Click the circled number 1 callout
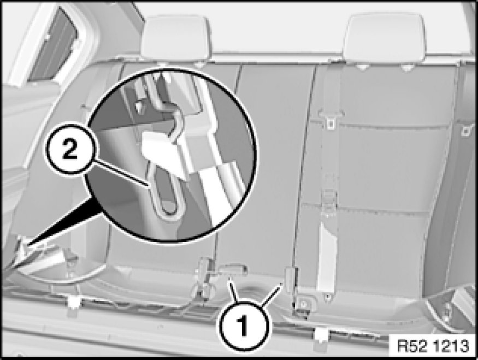(x=243, y=326)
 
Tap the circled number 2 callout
(x=70, y=149)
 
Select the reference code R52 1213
(x=433, y=346)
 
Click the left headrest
(x=175, y=38)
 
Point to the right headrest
(x=383, y=38)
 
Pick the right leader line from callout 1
(x=271, y=294)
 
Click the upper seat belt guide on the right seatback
(x=331, y=119)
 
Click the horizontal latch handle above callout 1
(x=234, y=269)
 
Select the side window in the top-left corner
(x=52, y=46)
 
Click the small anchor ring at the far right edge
(x=466, y=131)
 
